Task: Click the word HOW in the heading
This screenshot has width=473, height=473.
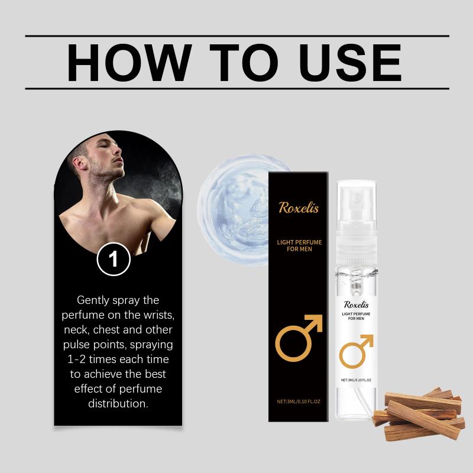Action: [x=129, y=63]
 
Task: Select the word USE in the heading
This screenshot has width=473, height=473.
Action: [x=350, y=63]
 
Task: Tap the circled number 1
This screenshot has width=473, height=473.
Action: [x=114, y=259]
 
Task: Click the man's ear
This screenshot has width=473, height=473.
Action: [x=79, y=163]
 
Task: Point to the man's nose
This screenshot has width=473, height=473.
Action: [x=119, y=150]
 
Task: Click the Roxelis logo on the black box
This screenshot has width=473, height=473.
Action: [x=299, y=208]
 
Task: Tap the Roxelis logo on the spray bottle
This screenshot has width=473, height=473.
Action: [x=357, y=304]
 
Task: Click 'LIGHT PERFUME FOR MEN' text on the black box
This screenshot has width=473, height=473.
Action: [x=299, y=245]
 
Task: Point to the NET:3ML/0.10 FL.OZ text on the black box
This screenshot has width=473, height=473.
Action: [x=299, y=401]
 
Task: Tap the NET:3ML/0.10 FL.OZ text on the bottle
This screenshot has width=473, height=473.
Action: [x=356, y=380]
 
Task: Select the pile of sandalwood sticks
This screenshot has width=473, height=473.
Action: [x=418, y=413]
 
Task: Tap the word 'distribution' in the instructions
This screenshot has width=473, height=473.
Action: [x=117, y=404]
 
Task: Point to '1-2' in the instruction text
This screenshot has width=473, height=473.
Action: [x=76, y=359]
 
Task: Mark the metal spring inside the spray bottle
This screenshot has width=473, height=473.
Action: [x=357, y=280]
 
